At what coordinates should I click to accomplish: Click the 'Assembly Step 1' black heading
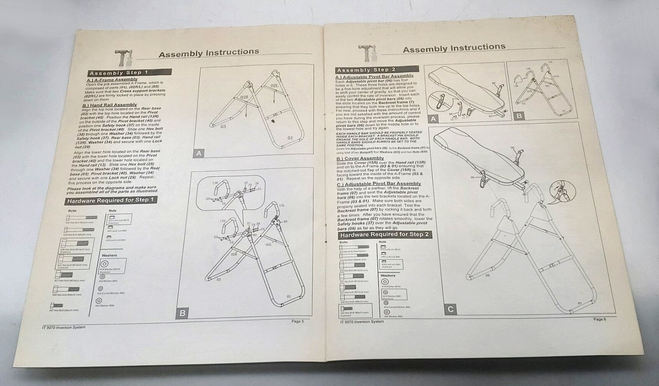tap(119, 73)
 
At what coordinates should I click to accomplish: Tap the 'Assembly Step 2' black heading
tap(366, 70)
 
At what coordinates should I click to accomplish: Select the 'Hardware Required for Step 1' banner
tap(110, 200)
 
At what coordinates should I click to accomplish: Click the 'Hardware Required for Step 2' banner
tap(384, 234)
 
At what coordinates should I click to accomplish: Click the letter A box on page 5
tap(199, 153)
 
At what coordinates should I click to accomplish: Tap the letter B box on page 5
tap(182, 313)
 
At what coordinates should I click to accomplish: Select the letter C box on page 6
tap(451, 309)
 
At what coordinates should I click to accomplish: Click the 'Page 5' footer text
tap(297, 321)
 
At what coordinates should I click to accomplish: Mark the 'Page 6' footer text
tap(599, 319)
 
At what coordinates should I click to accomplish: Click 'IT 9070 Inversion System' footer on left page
tap(64, 328)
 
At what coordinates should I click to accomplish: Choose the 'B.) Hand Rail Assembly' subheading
tap(110, 105)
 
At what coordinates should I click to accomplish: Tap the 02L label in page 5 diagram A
tap(275, 85)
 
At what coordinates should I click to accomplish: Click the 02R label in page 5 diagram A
tap(244, 98)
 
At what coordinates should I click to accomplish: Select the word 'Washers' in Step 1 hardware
tap(109, 255)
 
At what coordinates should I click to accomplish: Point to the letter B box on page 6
tap(519, 116)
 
